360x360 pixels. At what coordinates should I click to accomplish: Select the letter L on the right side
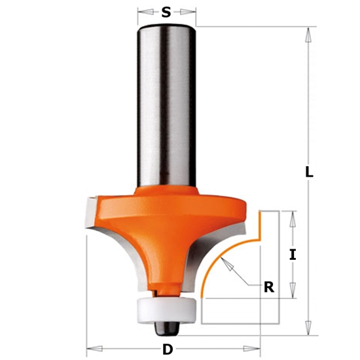[x=309, y=173]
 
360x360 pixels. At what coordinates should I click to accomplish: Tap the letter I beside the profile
[x=293, y=255]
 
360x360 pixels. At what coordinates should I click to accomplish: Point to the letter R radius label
[x=268, y=286]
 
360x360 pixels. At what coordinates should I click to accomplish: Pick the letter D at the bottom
[x=168, y=349]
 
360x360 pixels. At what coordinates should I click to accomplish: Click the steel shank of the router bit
[x=167, y=105]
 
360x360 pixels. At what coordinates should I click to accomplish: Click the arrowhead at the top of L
[x=306, y=31]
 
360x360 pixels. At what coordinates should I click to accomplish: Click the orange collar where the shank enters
[x=167, y=190]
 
